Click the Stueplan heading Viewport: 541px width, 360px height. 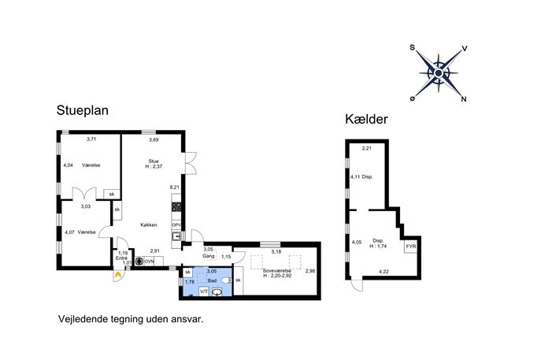(83, 110)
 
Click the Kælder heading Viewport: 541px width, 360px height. (366, 120)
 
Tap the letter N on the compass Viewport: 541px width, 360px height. (464, 99)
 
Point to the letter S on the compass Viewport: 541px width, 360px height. (412, 47)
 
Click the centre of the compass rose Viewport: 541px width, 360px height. (439, 73)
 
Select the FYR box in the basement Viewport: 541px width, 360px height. (411, 247)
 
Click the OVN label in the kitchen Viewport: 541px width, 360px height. (149, 262)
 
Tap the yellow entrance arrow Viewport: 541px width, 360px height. (118, 275)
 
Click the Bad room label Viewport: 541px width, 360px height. (212, 280)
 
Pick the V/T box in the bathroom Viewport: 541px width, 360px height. (204, 291)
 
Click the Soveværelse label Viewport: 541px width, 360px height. (276, 271)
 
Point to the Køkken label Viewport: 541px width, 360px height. (149, 225)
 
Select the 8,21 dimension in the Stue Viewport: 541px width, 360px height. (175, 187)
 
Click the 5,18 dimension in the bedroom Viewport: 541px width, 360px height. (276, 252)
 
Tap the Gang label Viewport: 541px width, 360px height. (209, 256)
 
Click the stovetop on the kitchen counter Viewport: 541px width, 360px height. (176, 206)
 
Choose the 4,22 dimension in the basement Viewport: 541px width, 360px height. (384, 272)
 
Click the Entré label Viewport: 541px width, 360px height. (121, 258)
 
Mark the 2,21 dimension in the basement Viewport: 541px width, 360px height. (367, 148)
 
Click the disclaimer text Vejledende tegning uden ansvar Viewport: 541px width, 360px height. (131, 319)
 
